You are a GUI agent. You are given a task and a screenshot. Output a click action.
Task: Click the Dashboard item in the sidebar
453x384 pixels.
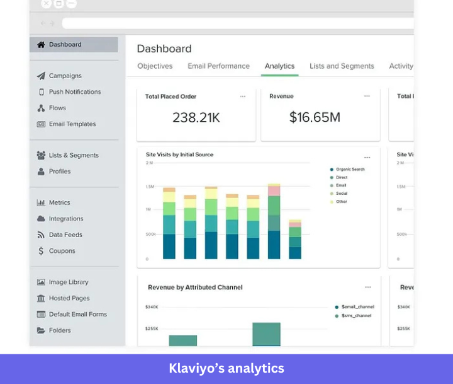[65, 45]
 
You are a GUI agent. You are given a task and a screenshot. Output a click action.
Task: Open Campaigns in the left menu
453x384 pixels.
[65, 76]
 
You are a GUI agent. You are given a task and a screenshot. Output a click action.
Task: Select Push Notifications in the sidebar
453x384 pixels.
[74, 92]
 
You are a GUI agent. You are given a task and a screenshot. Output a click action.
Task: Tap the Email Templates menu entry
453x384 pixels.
[72, 124]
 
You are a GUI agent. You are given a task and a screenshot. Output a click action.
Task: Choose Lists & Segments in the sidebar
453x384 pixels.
[74, 155]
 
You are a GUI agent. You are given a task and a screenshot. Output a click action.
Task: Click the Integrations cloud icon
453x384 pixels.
[41, 219]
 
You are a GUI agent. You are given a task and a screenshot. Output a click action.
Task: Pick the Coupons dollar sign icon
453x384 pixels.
[41, 251]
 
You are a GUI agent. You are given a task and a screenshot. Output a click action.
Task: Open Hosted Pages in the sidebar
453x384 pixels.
[69, 298]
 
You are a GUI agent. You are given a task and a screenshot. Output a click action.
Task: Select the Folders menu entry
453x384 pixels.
[60, 330]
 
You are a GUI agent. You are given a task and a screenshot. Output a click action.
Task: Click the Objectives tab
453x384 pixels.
[155, 66]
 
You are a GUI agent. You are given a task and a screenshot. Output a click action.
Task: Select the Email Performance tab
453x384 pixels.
[218, 66]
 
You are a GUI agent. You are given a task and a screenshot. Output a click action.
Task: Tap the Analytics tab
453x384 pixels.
[279, 66]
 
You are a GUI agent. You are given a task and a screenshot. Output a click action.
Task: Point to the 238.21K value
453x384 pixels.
[196, 117]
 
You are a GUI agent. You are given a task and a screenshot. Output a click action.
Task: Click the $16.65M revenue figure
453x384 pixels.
[315, 117]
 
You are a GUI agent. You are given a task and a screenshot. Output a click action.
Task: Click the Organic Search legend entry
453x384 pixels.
[350, 170]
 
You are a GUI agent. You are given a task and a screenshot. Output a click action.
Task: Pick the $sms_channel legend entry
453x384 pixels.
[356, 315]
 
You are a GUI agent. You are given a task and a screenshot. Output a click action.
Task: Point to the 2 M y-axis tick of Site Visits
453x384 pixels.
[149, 163]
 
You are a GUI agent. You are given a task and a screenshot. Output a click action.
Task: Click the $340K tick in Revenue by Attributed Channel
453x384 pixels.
[152, 307]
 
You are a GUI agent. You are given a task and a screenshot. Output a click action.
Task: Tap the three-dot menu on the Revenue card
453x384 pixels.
[367, 96]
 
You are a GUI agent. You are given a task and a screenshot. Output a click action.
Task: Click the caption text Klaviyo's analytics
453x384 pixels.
[226, 368]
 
